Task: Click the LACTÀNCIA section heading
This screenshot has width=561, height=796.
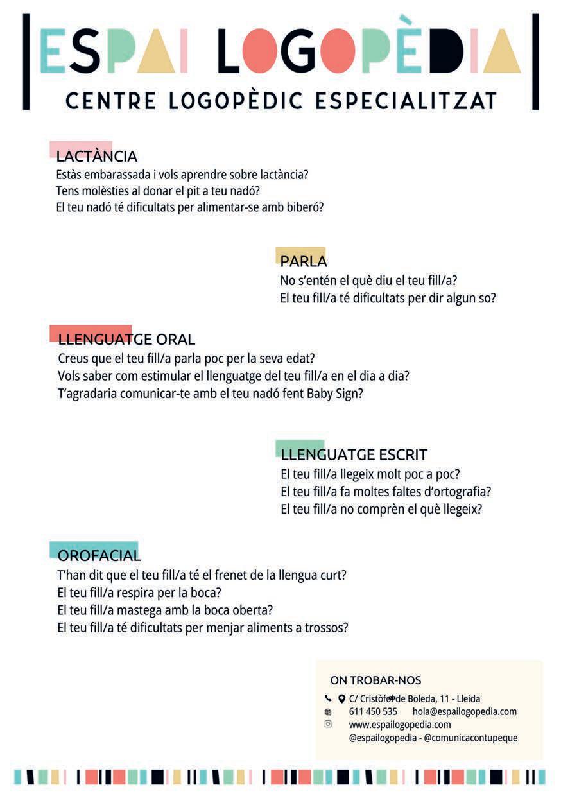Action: click(96, 157)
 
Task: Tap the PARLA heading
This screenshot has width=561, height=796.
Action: click(304, 262)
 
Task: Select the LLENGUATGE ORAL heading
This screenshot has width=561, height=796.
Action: click(126, 340)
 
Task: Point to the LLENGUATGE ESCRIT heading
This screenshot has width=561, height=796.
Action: click(354, 455)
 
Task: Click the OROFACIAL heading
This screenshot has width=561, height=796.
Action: click(99, 556)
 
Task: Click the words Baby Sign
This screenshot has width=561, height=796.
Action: click(334, 394)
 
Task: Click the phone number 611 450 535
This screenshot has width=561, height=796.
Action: click(373, 712)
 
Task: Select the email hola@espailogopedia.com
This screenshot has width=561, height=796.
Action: click(465, 712)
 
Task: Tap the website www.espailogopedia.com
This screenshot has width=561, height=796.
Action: click(400, 725)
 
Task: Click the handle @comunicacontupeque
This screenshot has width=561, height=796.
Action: click(470, 738)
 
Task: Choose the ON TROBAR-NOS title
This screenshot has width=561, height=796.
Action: click(375, 680)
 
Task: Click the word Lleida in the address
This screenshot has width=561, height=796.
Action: click(468, 699)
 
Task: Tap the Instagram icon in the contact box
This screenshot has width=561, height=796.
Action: click(328, 724)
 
